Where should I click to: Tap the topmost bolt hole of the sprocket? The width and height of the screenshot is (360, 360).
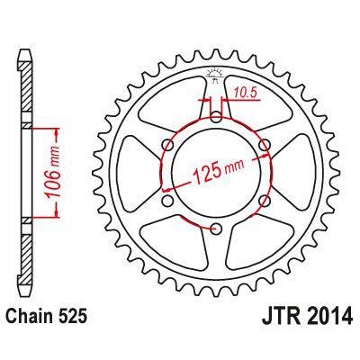point(216,115)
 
